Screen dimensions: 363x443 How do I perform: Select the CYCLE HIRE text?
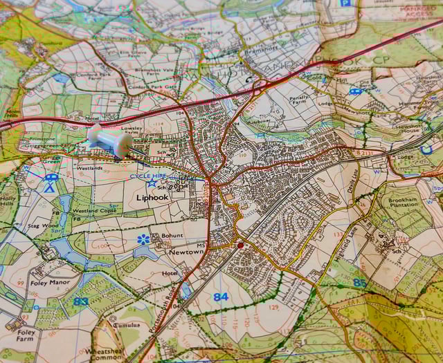click(x=148, y=176)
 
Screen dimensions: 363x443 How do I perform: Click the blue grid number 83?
click(x=81, y=301)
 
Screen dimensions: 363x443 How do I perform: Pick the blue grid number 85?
click(x=359, y=282)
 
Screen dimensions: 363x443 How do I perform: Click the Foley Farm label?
click(x=26, y=336)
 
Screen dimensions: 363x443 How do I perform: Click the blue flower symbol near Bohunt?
click(x=143, y=239)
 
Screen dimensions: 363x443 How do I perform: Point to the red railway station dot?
click(x=240, y=245)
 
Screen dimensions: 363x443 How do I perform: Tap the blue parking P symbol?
click(x=345, y=3)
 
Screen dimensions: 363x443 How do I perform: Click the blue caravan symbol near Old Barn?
click(x=355, y=91)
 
